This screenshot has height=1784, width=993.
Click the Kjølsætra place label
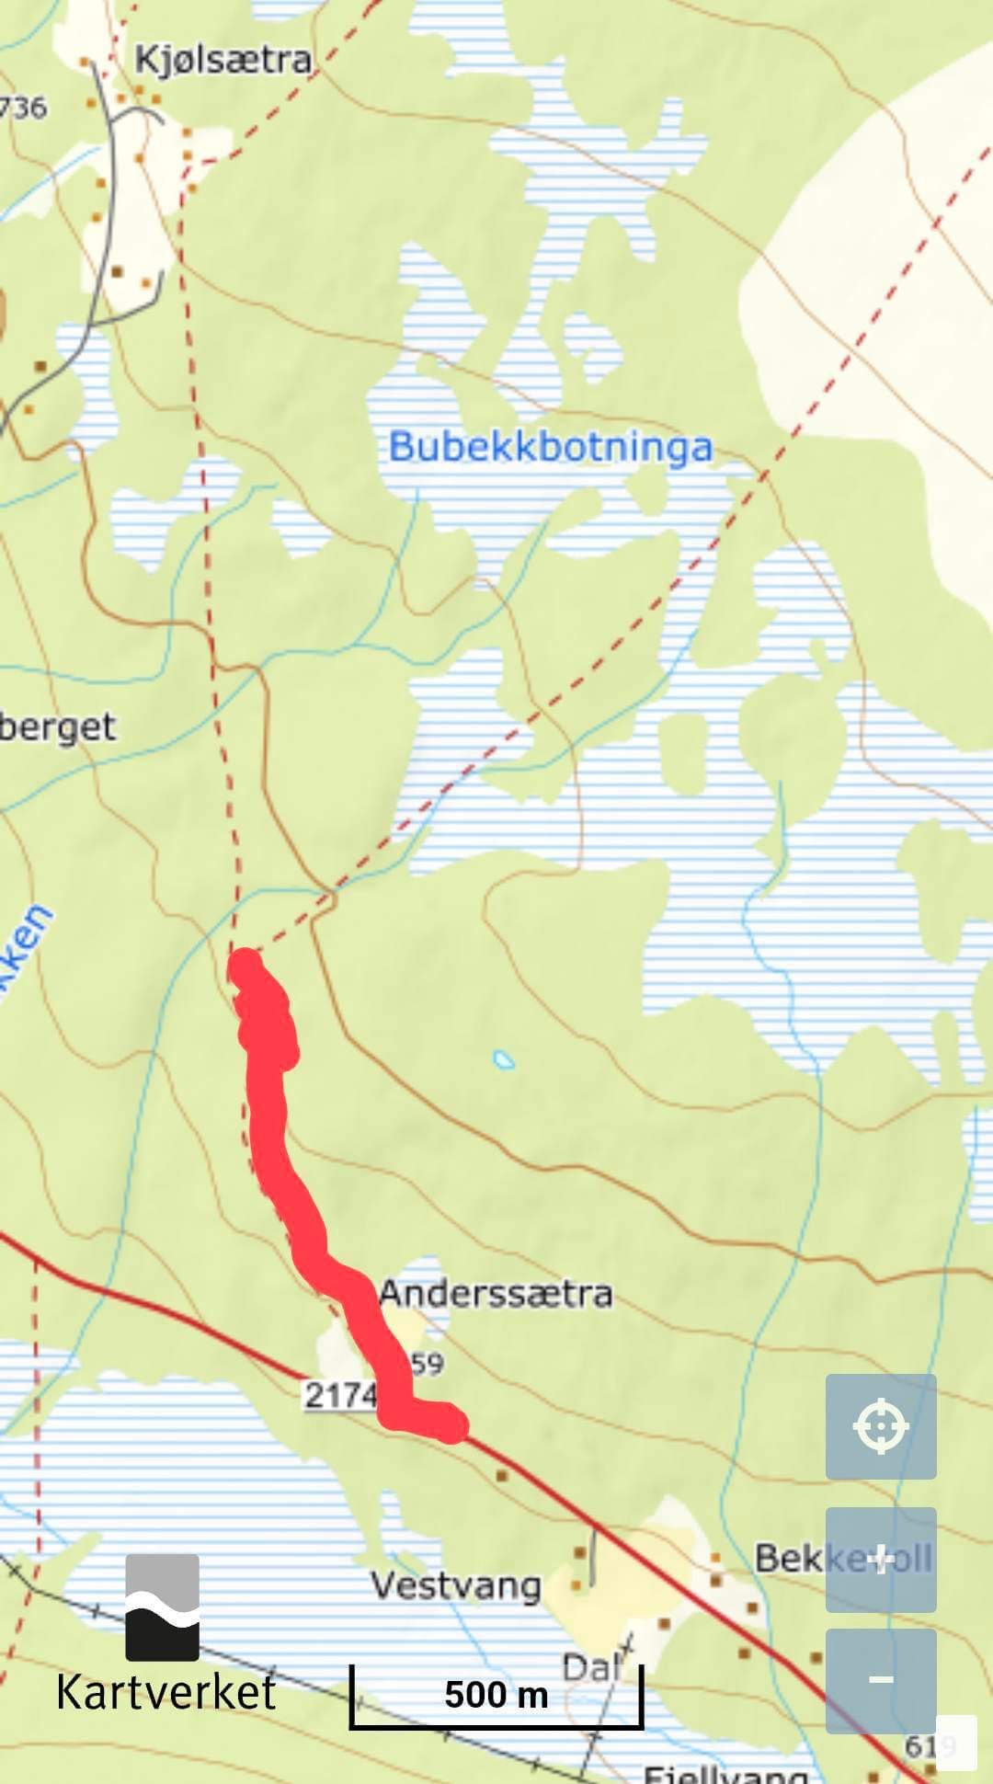223,61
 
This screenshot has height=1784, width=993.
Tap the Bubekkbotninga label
550,448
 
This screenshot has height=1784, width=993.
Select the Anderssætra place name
496,1294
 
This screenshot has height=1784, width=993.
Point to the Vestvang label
455,1585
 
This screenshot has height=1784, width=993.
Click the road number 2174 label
340,1395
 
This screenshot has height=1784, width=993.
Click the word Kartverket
165,1693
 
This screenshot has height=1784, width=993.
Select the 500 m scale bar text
496,1694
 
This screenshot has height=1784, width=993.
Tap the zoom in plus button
880,1559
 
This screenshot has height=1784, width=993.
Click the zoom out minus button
880,1680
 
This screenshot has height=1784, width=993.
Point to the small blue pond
503,1059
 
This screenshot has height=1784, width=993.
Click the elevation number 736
23,108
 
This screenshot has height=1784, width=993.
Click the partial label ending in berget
57,727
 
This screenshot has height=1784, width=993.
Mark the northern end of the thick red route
245,967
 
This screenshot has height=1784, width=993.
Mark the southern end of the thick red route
451,1426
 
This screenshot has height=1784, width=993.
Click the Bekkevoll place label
843,1558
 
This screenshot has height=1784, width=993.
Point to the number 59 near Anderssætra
427,1363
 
